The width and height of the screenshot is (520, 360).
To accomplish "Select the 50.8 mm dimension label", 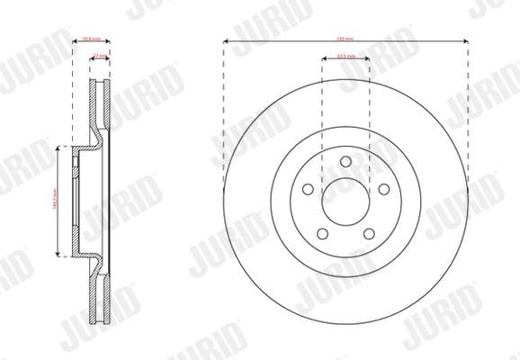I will coord(89,39).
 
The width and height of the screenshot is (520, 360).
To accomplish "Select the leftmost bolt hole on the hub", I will coord(309,189).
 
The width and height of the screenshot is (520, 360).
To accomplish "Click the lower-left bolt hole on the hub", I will coord(323,233).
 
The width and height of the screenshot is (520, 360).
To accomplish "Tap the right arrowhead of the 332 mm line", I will coord(468,40).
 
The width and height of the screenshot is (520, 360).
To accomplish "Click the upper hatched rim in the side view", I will coord(99,103).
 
